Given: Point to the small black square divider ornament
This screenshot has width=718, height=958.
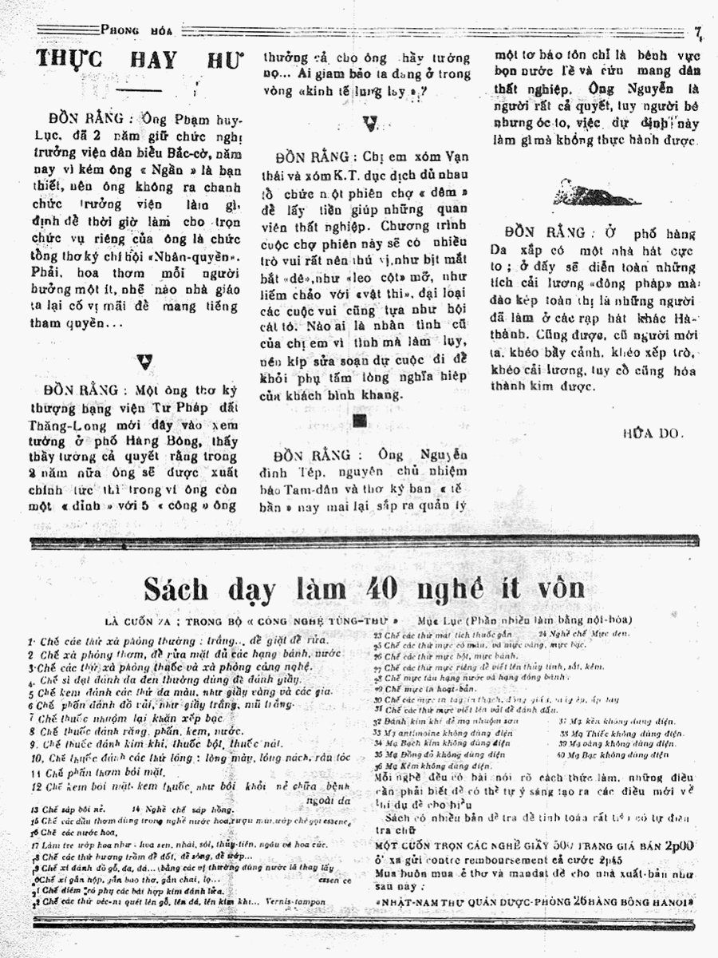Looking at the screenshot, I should (358, 421).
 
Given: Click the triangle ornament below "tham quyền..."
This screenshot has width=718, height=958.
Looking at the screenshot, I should (144, 362).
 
